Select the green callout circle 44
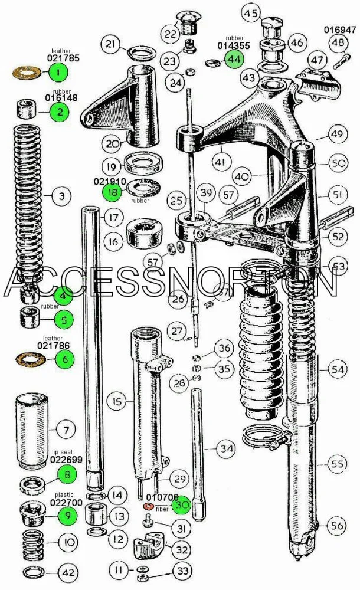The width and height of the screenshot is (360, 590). [x=234, y=59]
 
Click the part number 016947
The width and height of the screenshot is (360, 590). [x=340, y=29]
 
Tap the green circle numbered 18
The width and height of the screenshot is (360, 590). [x=112, y=192]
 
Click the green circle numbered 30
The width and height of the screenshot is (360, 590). [x=182, y=506]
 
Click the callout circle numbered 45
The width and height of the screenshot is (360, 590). [x=251, y=13]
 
